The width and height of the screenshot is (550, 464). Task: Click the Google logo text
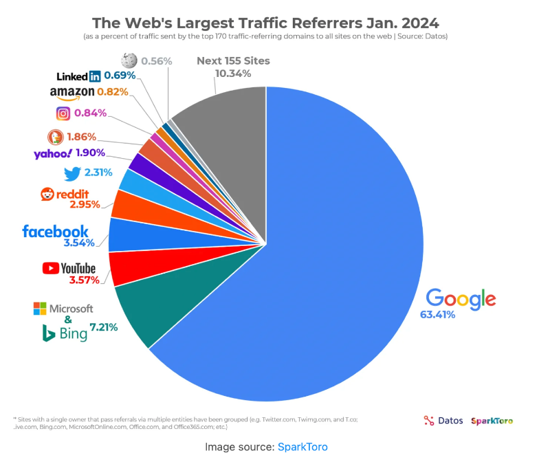pos(461,299)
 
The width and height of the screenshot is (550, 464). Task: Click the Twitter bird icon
pos(72,173)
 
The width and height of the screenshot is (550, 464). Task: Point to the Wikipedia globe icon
pos(129,61)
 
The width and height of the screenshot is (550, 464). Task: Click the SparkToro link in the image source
pos(302,447)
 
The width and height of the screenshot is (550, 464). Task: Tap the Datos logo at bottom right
pos(443,421)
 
